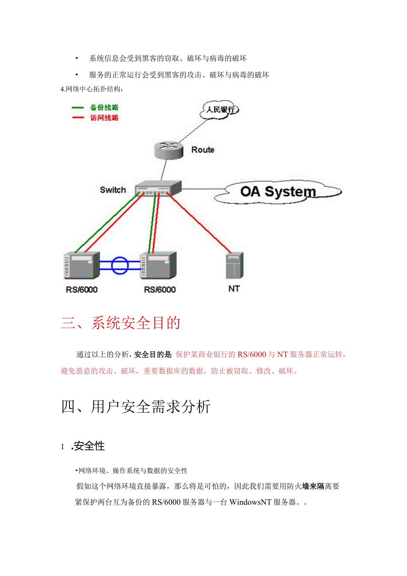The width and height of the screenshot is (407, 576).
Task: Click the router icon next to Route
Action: point(169,150)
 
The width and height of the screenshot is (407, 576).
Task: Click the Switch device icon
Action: point(157,189)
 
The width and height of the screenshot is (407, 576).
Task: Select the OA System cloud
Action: point(278,192)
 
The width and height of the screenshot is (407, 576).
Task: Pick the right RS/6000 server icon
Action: point(158,266)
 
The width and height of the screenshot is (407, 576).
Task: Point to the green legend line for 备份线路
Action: point(78,108)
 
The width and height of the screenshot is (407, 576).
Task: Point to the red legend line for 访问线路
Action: point(78,118)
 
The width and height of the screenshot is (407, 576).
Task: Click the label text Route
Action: point(203,150)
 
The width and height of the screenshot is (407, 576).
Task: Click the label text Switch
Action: point(113,190)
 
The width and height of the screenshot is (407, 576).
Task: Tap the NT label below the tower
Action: point(234,289)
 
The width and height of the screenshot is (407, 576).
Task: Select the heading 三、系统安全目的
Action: point(121,323)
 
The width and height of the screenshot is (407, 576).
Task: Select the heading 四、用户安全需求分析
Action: point(136,406)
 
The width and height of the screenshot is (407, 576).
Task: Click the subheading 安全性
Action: point(89,446)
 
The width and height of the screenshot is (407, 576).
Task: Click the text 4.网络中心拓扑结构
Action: point(92,89)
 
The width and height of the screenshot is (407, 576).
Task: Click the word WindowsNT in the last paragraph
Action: point(251,503)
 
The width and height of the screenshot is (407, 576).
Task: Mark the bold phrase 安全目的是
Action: point(153,354)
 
